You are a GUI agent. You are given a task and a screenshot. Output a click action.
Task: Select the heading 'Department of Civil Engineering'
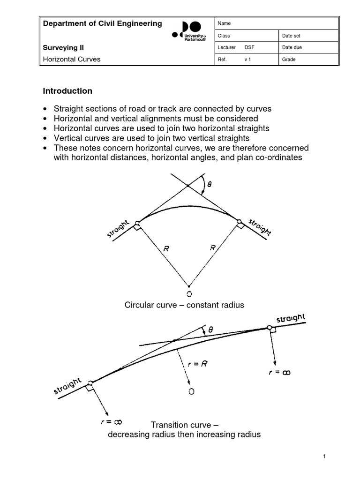click(102, 23)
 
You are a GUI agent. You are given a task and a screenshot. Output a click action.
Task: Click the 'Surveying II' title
click(63, 47)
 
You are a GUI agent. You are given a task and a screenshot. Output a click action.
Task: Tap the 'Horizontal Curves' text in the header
click(72, 60)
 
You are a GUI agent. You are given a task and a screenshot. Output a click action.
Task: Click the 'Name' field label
click(224, 23)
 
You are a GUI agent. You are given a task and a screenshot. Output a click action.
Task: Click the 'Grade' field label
click(289, 60)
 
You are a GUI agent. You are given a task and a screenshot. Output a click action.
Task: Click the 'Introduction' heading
click(67, 91)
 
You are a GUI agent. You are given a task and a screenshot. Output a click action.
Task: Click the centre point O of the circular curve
click(189, 294)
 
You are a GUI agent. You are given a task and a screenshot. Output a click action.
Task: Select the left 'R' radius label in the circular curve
click(166, 250)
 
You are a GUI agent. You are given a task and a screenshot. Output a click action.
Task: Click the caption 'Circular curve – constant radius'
click(184, 305)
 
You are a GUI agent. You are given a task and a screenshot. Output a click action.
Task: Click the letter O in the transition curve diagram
click(191, 391)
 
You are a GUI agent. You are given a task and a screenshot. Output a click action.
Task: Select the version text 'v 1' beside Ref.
click(248, 60)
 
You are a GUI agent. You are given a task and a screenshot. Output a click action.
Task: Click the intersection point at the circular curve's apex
click(188, 187)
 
